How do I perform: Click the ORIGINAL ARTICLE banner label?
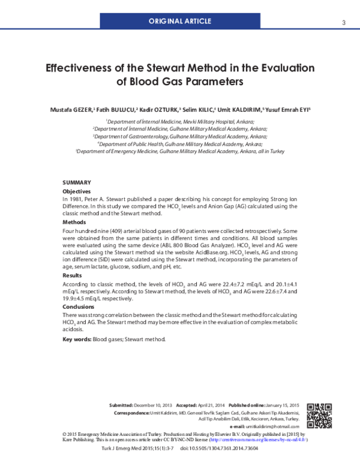[x=181, y=22]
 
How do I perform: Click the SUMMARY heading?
[x=77, y=182]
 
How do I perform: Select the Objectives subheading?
[x=77, y=191]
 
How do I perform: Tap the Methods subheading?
[x=75, y=222]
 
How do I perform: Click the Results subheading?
[x=73, y=275]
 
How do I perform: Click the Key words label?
[x=77, y=339]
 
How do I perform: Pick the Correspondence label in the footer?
[x=132, y=414]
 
